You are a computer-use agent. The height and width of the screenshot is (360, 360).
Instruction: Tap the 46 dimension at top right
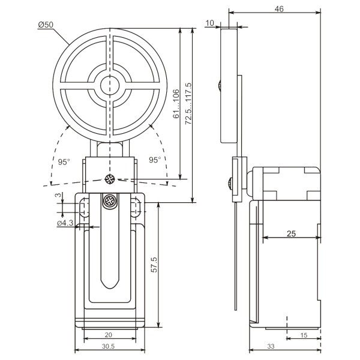pos(278,8)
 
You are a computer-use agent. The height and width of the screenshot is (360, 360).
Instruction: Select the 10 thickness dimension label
pos(209,23)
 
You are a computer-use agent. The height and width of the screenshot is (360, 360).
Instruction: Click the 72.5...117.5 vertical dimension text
pos(188,103)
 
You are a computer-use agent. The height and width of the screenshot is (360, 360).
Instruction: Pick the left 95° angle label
pos(64,160)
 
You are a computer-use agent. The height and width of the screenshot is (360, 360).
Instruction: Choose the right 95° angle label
pos(155,160)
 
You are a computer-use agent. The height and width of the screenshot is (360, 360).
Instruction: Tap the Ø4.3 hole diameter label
pos(65,223)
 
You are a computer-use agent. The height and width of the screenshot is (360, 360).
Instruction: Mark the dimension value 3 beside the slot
pos(58,196)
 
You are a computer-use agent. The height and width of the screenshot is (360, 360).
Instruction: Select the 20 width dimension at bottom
pos(108,335)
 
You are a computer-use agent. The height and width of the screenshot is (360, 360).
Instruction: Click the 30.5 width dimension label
pos(108,347)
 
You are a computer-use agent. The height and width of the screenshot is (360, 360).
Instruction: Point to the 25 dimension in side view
pos(291,233)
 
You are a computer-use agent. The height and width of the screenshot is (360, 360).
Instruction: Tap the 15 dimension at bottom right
pos(304,335)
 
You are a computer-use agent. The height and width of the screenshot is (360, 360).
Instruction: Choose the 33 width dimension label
pos(271,347)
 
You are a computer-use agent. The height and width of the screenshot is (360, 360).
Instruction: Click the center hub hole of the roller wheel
pos(110,85)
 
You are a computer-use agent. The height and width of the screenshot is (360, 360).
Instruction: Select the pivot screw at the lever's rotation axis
pos(110,178)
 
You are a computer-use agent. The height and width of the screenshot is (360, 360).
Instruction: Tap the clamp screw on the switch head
pos(110,202)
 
